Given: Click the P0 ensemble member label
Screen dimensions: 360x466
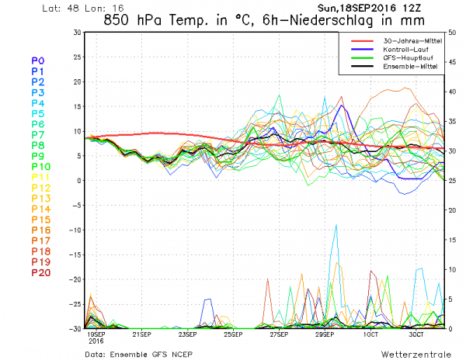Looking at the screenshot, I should tap(38, 60).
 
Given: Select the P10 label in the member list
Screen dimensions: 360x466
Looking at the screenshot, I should tap(41, 166).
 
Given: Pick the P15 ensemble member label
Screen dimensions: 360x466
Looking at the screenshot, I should tap(41, 220).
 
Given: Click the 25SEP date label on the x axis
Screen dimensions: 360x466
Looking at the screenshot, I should tap(234, 335).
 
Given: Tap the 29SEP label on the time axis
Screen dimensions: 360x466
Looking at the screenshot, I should tap(325, 335).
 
